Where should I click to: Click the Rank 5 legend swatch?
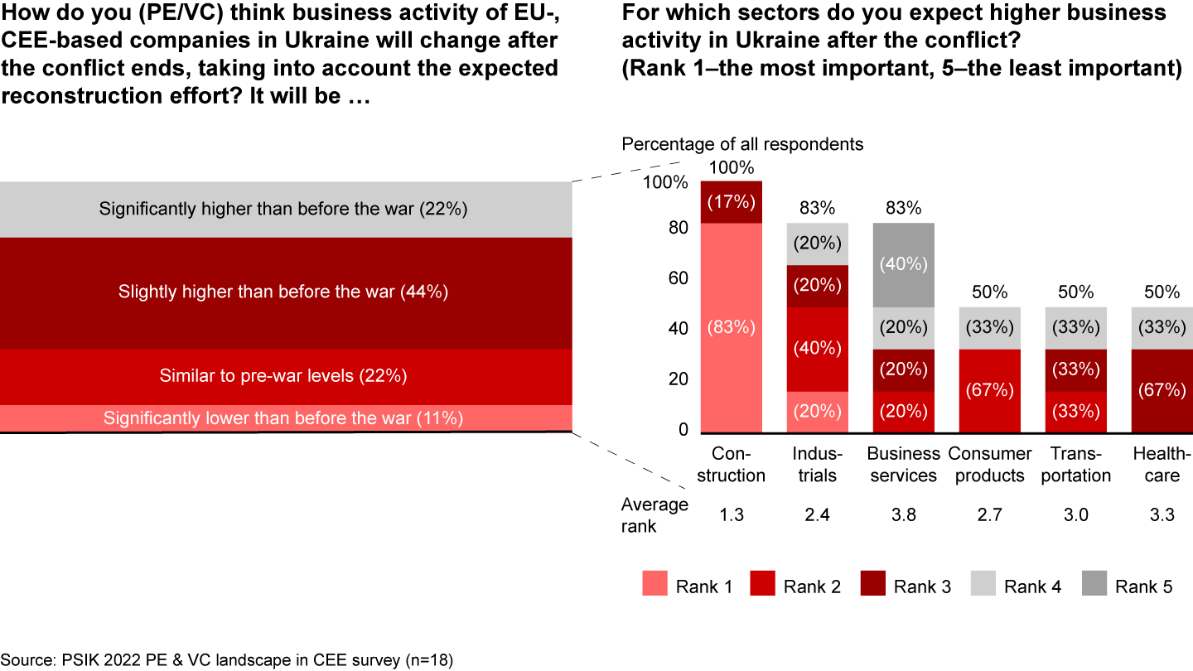(x=1093, y=586)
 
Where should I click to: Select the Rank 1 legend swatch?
(x=654, y=586)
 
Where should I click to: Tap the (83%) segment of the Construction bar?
(x=731, y=327)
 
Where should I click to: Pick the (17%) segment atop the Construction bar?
(x=731, y=202)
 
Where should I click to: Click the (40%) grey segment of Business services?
(x=903, y=265)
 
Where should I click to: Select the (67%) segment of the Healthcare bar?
(x=1162, y=390)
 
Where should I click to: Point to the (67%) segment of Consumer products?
(x=989, y=390)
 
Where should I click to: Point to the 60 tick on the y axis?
(x=678, y=278)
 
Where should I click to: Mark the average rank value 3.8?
(x=903, y=515)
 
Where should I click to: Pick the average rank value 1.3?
(x=731, y=515)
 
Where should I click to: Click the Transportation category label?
(x=1075, y=464)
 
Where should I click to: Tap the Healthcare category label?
(x=1162, y=464)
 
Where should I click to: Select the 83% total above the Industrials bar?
(x=817, y=209)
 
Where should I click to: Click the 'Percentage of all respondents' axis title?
(x=743, y=144)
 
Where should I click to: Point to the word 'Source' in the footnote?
(x=27, y=660)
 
